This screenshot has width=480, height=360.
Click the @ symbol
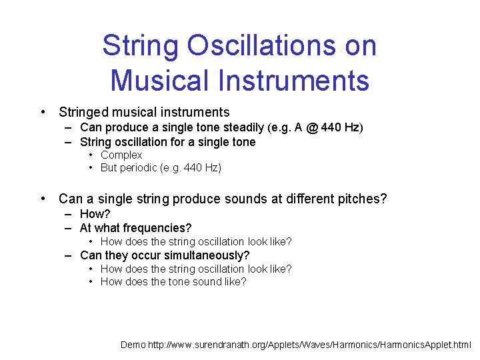point(312,127)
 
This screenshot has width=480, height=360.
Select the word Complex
point(121,155)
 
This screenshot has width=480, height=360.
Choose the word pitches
point(361,199)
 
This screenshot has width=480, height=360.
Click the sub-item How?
point(95,214)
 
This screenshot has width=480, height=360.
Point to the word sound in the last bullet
point(213,281)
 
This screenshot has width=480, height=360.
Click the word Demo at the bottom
point(132,345)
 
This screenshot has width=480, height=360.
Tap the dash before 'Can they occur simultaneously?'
point(69,255)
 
